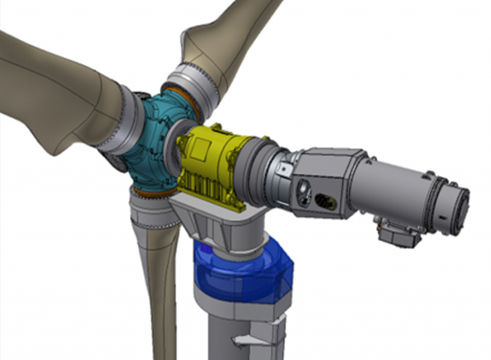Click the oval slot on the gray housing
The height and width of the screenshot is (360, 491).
tap(323, 201)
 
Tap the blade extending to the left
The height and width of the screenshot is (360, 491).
tap(49, 92)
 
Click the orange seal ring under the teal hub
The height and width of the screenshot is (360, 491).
tap(153, 192)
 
